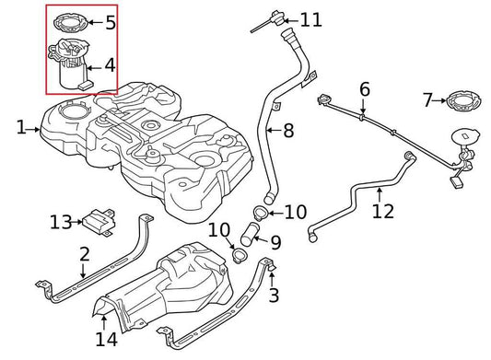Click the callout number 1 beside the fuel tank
tap(21, 129)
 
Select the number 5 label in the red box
tap(110, 20)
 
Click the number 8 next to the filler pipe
tap(288, 132)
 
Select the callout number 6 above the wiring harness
tap(365, 89)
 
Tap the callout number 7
tap(427, 99)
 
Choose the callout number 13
tap(60, 221)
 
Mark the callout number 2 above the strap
tap(84, 253)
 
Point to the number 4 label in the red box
tap(110, 65)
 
